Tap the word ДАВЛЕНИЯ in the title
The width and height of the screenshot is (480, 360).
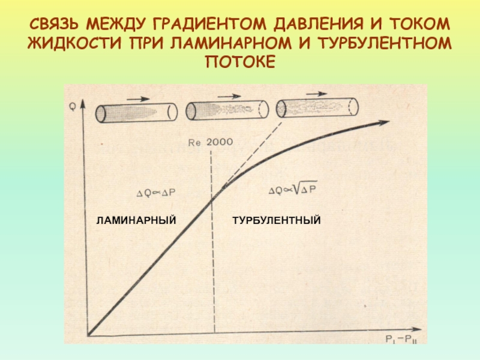point(317,26)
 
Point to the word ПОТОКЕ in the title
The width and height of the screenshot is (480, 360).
point(240,62)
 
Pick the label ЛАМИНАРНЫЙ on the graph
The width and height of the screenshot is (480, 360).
point(136,221)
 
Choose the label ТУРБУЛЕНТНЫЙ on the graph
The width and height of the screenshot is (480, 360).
point(277,221)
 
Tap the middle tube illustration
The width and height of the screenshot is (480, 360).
point(226,110)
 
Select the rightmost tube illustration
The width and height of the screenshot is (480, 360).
point(317,107)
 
